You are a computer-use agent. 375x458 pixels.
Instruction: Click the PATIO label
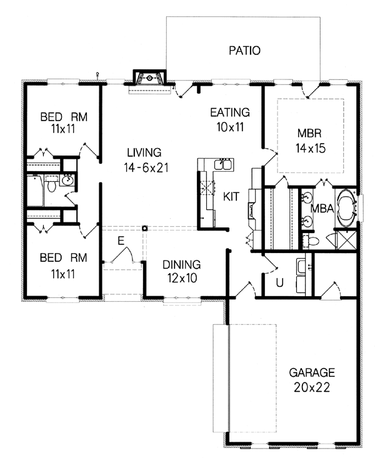[x=244, y=51]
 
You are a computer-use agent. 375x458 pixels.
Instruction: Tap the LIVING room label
[x=144, y=152]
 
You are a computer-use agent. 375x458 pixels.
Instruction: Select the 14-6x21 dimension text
[x=146, y=167]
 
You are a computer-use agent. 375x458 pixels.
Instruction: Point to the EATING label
[x=230, y=112]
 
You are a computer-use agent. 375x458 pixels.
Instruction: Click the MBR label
[x=309, y=133]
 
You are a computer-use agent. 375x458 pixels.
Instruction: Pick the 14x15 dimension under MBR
[x=311, y=148]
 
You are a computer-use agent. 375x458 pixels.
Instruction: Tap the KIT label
[x=231, y=197]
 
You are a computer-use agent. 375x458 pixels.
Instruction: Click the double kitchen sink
[x=224, y=164]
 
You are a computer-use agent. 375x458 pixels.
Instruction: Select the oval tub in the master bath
[x=347, y=208]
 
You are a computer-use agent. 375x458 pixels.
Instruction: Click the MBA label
[x=322, y=209]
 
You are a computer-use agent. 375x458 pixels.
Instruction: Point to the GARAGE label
[x=312, y=372]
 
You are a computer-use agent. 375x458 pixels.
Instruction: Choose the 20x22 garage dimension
[x=312, y=387]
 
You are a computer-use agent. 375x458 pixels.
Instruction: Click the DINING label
[x=181, y=265]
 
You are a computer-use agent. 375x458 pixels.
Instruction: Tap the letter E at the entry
[x=121, y=241]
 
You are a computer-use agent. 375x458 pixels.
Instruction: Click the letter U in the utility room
[x=280, y=282]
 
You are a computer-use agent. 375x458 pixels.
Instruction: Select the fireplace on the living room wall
[x=149, y=77]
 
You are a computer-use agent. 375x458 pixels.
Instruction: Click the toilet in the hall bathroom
[x=52, y=184]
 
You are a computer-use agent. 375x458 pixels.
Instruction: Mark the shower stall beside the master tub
[x=346, y=240]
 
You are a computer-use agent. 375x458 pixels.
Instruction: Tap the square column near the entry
[x=144, y=228]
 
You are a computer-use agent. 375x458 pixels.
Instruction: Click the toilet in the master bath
[x=311, y=241]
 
